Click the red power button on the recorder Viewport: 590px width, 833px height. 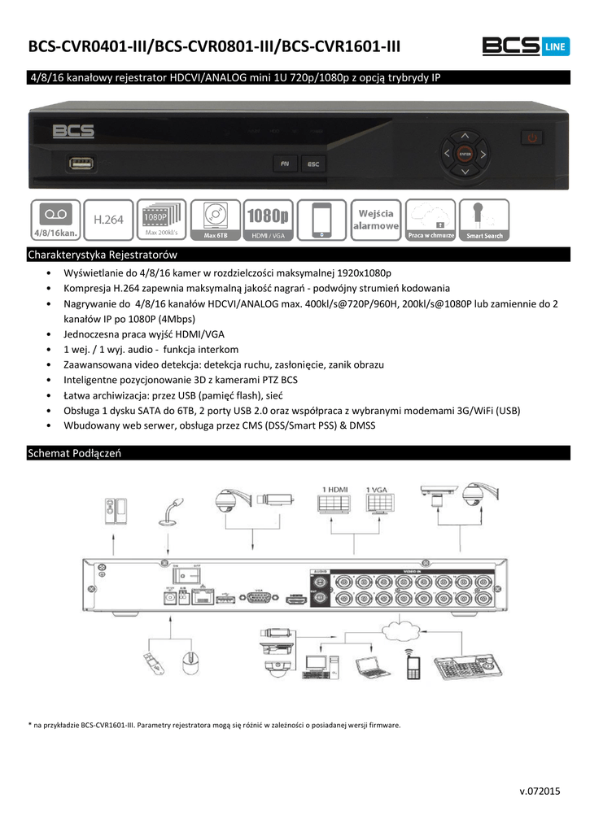(533, 137)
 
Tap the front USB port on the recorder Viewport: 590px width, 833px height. (81, 164)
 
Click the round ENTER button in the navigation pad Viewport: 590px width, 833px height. (465, 152)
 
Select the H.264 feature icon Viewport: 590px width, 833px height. (108, 220)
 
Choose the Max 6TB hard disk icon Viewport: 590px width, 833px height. (216, 220)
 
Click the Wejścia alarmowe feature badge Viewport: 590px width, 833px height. (378, 220)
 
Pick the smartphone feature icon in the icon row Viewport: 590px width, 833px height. (323, 220)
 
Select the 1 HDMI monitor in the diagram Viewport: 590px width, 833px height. (336, 500)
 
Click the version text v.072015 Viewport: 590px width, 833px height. (540, 791)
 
